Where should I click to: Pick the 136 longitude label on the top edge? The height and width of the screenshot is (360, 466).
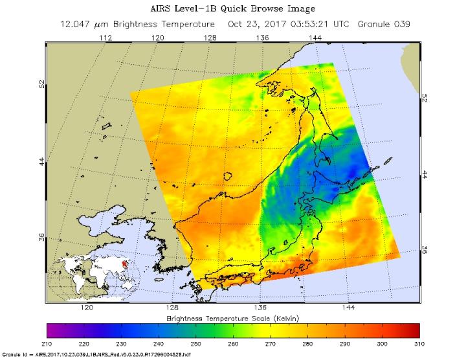coord(262,38)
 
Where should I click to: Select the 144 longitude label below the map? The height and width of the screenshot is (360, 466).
coord(348,309)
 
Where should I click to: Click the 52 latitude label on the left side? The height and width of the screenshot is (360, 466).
coord(41,84)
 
